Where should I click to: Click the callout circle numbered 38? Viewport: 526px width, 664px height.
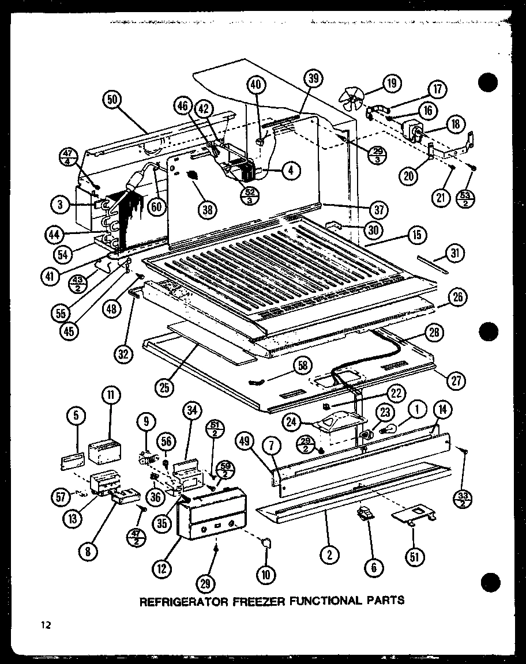207,210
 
